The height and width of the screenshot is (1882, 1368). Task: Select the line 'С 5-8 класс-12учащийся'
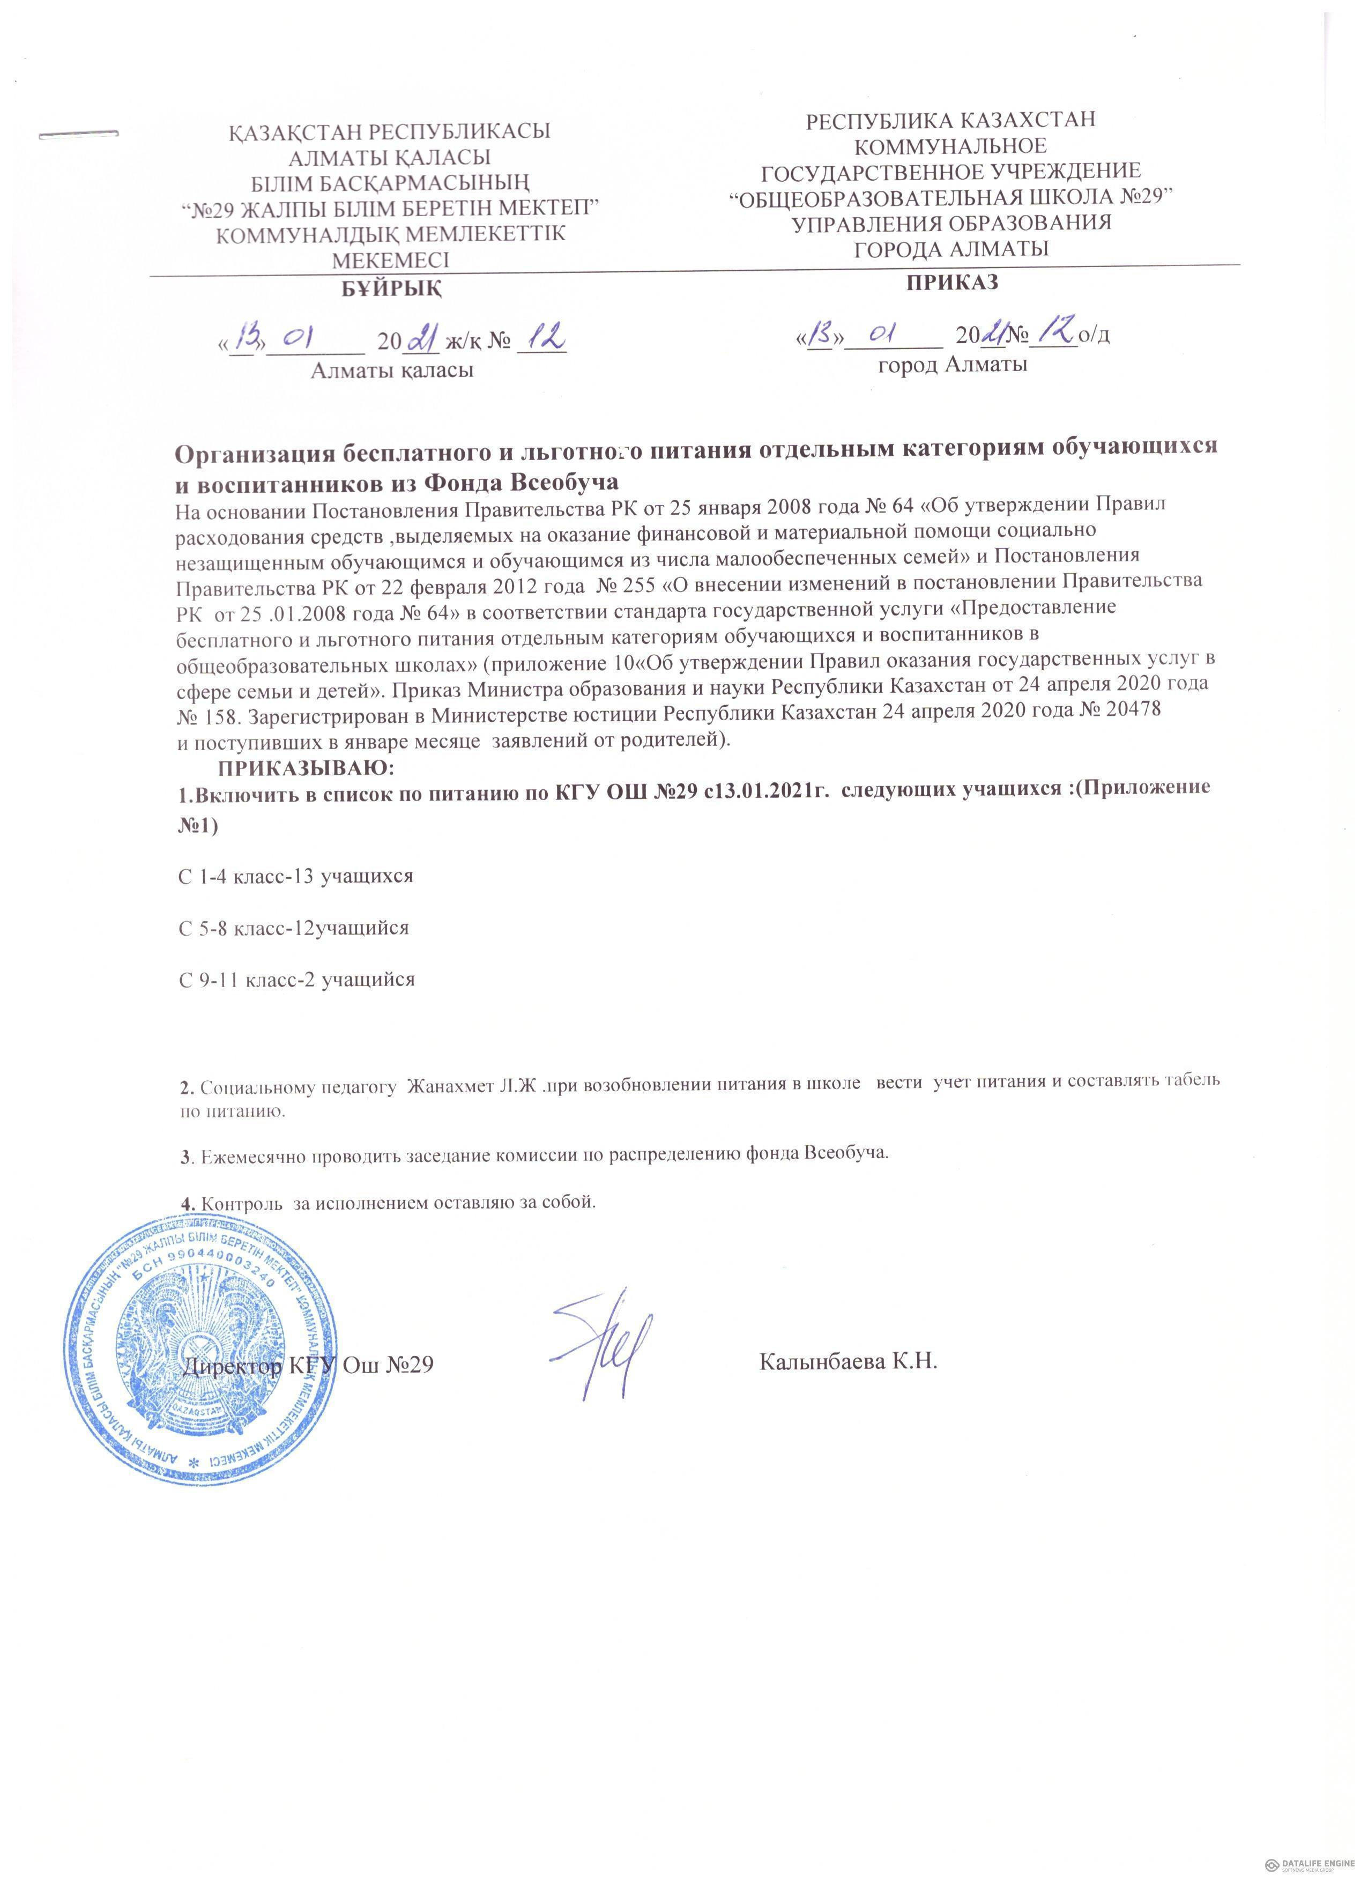[294, 928]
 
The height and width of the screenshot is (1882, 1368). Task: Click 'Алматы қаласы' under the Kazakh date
[391, 370]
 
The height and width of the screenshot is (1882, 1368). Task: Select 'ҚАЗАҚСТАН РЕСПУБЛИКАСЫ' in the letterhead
[390, 132]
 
